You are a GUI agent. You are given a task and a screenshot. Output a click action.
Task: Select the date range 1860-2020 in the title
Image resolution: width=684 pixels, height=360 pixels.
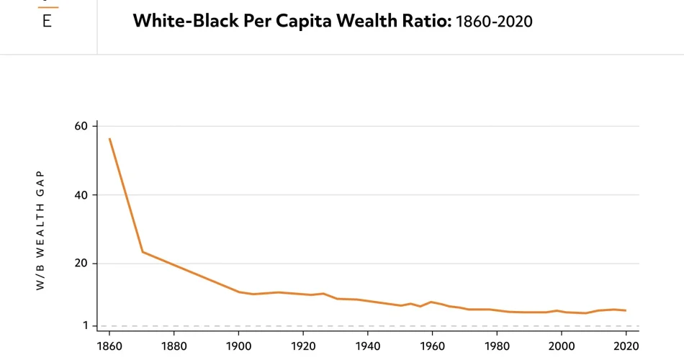point(494,21)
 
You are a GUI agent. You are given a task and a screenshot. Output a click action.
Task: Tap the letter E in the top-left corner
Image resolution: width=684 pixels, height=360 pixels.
point(47,21)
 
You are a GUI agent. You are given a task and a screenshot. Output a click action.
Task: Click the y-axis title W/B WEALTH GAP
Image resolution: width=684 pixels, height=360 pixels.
point(40,230)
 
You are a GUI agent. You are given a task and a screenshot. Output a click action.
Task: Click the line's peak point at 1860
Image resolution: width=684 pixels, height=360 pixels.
point(109,139)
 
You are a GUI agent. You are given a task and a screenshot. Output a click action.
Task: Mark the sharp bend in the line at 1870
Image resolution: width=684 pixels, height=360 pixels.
point(143,252)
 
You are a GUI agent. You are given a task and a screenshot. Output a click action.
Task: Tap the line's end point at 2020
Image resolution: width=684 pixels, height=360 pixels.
point(626,310)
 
